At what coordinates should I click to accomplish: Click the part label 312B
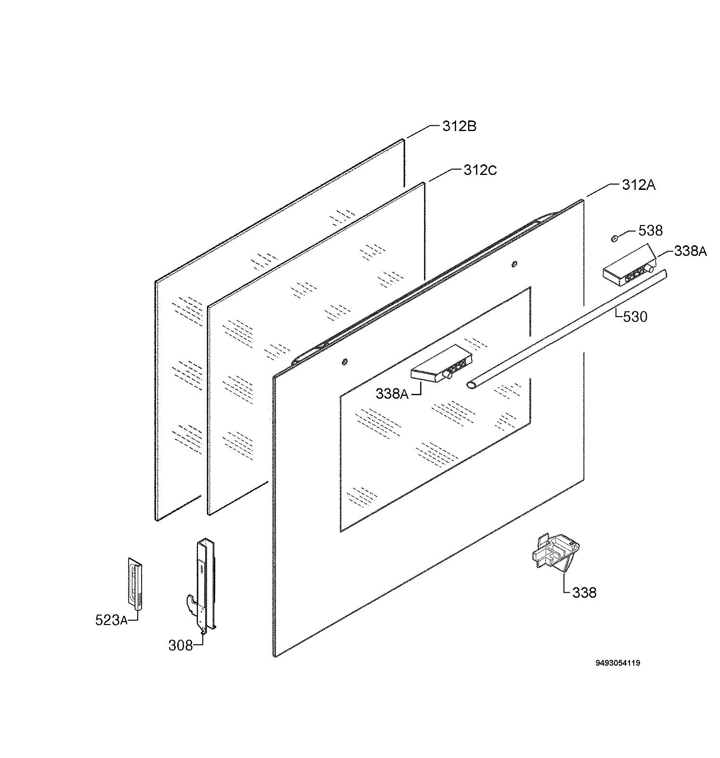point(459,126)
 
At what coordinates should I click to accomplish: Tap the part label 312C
point(480,170)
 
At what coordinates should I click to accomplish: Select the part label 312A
point(639,185)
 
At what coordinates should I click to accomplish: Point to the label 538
point(650,230)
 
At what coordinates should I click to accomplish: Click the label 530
point(635,317)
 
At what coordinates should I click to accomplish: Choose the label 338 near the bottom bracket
point(584,592)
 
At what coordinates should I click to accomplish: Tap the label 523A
point(111,620)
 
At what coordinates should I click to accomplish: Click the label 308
point(181,645)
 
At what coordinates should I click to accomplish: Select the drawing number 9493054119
point(618,663)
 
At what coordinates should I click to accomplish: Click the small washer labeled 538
point(615,238)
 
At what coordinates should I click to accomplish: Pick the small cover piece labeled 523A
point(135,584)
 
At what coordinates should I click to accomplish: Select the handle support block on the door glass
point(441,365)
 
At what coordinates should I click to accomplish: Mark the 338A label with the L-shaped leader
point(392,394)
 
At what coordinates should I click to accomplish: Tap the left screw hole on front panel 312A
point(344,361)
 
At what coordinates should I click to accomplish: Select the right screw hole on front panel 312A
point(514,264)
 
